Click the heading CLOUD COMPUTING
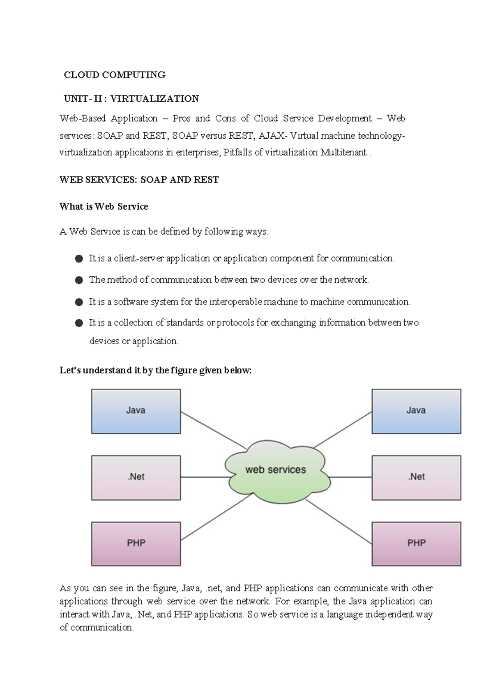point(115,75)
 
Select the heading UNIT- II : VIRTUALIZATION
point(131,98)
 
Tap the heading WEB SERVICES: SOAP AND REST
point(139,180)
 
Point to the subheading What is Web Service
point(104,206)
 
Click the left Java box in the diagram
point(136,411)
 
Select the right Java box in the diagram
point(416,411)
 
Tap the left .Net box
point(136,477)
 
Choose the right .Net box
point(416,477)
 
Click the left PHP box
point(136,544)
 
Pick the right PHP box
point(416,544)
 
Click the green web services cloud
point(276,470)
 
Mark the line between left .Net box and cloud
point(204,477)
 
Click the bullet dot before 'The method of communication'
point(79,280)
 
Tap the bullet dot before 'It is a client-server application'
point(79,259)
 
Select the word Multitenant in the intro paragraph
point(343,153)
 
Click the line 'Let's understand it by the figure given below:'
point(155,371)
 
